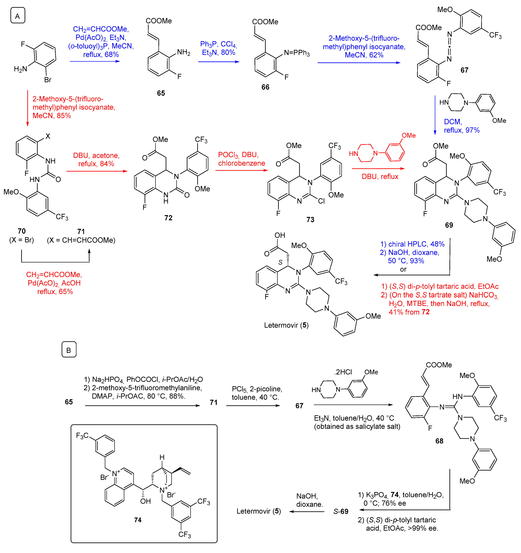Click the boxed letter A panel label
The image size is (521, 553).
pyautogui.click(x=18, y=16)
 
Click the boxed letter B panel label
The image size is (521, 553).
pyautogui.click(x=69, y=350)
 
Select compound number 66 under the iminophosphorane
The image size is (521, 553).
pyautogui.click(x=265, y=87)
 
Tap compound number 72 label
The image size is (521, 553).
pyautogui.click(x=168, y=218)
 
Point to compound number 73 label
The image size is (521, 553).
pyautogui.click(x=310, y=220)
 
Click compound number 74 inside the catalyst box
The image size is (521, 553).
pyautogui.click(x=138, y=520)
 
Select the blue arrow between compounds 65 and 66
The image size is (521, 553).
pyautogui.click(x=218, y=62)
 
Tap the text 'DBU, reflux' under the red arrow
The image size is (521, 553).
pyautogui.click(x=380, y=177)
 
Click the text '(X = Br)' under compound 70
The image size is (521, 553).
pyautogui.click(x=22, y=240)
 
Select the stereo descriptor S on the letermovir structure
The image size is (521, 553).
pyautogui.click(x=280, y=262)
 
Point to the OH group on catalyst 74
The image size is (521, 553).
pyautogui.click(x=145, y=501)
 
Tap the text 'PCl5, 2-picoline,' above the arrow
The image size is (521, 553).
pyautogui.click(x=257, y=389)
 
